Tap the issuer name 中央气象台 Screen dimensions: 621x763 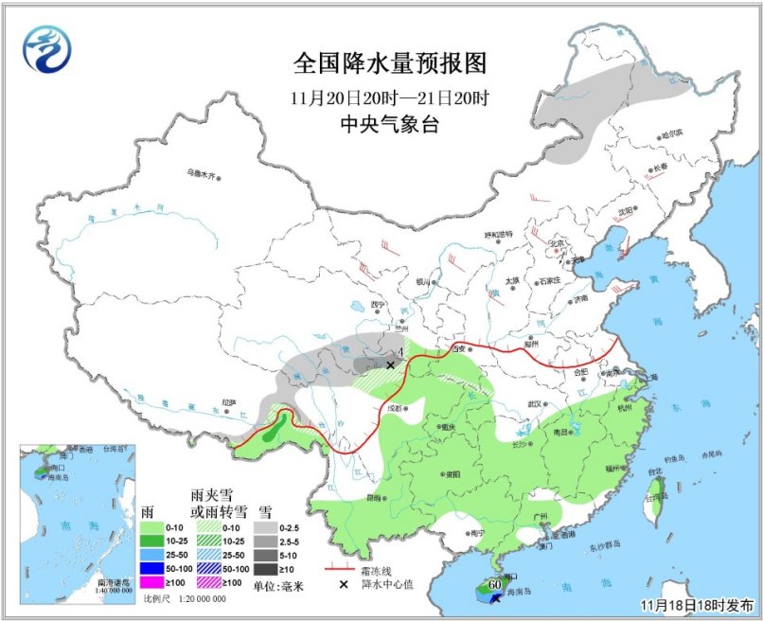(x=389, y=125)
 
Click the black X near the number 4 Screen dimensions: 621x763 (x=390, y=364)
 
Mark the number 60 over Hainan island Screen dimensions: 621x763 (x=493, y=585)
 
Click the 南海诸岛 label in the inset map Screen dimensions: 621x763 (x=115, y=584)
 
